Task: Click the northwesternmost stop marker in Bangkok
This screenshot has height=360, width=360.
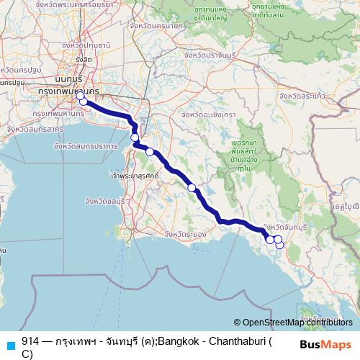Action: click(81, 96)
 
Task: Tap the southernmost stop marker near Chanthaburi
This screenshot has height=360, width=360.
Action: click(280, 246)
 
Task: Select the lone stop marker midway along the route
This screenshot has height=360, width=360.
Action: click(192, 188)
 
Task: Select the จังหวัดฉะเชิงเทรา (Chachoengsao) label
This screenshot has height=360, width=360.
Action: click(209, 114)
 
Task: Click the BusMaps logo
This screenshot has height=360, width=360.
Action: click(326, 344)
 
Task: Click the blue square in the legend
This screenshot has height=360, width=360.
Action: click(11, 342)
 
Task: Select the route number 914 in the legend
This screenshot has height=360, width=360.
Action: click(30, 341)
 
